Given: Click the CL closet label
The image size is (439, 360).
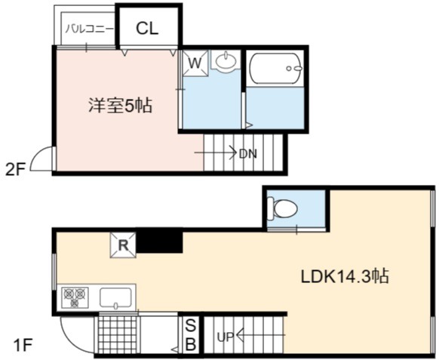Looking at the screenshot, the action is pyautogui.click(x=147, y=28).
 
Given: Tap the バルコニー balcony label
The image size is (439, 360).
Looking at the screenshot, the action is pyautogui.click(x=90, y=29).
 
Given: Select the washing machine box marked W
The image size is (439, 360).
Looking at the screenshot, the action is pyautogui.click(x=195, y=63).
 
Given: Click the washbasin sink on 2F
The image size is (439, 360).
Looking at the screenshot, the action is pyautogui.click(x=226, y=60).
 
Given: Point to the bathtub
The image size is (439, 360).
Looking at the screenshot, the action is pyautogui.click(x=276, y=68).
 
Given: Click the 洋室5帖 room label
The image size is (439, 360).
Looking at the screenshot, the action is pyautogui.click(x=121, y=106).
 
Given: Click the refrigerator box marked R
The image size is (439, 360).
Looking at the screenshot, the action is pyautogui.click(x=123, y=245).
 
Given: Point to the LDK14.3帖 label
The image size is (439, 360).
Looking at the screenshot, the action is pyautogui.click(x=345, y=276).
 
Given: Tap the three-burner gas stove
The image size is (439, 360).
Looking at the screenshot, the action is pyautogui.click(x=75, y=297).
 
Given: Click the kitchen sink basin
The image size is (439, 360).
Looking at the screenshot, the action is pyautogui.click(x=115, y=298).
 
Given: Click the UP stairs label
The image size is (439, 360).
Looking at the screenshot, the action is pyautogui.click(x=226, y=337).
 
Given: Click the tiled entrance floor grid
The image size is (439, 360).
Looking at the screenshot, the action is pyautogui.click(x=118, y=335).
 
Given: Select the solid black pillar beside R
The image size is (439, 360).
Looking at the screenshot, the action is pyautogui.click(x=159, y=241).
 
